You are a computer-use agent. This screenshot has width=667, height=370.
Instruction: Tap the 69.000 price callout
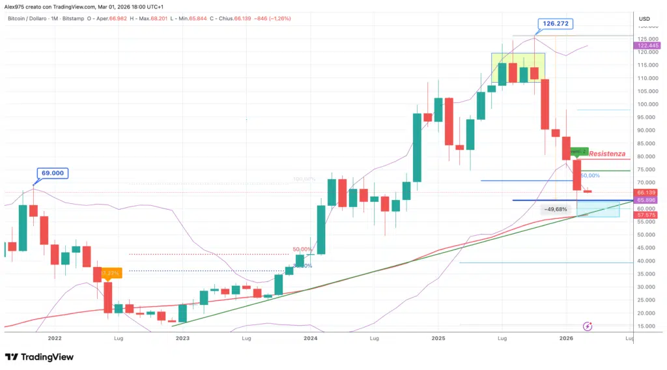coord(53,173)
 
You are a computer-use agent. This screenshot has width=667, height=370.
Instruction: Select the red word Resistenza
coord(607,154)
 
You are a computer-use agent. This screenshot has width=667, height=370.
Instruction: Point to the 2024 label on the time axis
coord(310,339)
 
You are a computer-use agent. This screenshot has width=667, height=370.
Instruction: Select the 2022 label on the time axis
coord(54,339)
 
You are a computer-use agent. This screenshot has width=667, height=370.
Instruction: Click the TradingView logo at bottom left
coord(39,357)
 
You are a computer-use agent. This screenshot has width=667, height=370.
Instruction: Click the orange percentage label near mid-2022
coord(108,272)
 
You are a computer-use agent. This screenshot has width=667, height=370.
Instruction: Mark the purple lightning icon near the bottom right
coord(588,326)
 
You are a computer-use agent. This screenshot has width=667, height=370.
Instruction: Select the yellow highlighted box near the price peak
coord(518,68)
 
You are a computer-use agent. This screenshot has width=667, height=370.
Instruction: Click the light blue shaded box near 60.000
coord(597,208)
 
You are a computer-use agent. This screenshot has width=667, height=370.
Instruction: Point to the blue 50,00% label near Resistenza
coord(589,176)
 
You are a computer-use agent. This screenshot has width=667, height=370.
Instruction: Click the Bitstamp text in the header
coord(78,18)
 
